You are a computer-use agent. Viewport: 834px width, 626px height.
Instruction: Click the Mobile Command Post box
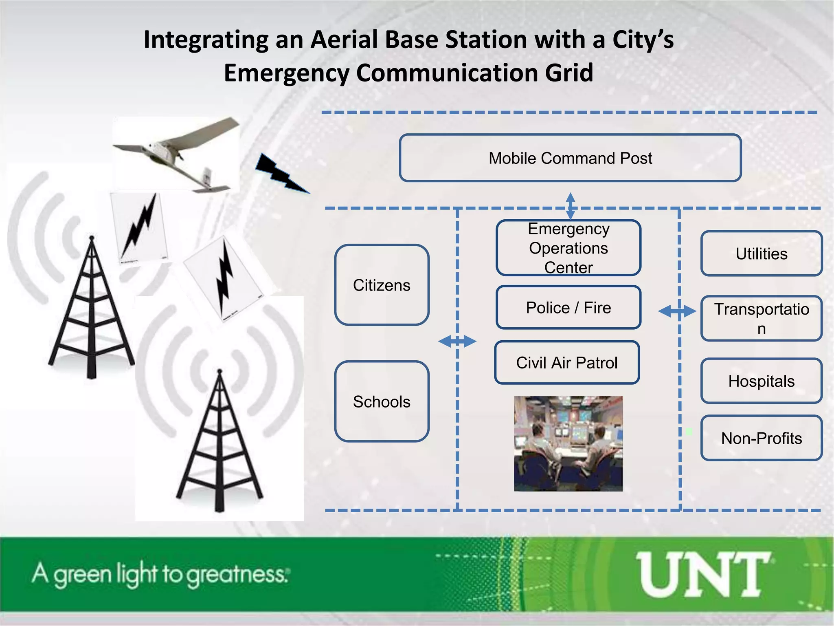pos(570,158)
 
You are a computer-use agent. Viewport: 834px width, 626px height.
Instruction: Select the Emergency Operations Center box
pos(568,248)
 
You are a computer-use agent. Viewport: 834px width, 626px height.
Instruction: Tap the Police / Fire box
pos(568,308)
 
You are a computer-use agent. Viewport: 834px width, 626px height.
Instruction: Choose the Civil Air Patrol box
pos(567,363)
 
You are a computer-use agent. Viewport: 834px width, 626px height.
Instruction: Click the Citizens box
pos(382,285)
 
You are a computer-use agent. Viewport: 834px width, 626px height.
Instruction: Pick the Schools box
pos(382,401)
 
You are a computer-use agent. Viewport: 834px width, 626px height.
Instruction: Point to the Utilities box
pos(762,253)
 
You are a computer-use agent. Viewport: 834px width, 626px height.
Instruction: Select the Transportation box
pos(762,318)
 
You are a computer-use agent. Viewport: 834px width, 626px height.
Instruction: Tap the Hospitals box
pos(762,381)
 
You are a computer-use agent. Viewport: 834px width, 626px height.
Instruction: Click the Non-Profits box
pos(762,438)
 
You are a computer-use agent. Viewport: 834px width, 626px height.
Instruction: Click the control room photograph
pos(568,443)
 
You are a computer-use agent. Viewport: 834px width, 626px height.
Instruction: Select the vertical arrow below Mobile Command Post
pos(571,206)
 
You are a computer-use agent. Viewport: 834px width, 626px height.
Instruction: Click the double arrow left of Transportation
pos(677,311)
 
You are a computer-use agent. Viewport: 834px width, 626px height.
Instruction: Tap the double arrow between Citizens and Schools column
pos(457,341)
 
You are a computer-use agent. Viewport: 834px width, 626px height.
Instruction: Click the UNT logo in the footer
pos(704,575)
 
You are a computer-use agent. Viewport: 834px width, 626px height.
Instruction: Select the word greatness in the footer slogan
pos(237,575)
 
